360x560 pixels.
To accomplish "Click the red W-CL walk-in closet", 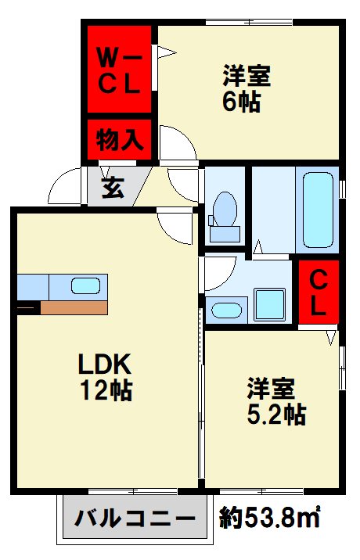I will point(118,70).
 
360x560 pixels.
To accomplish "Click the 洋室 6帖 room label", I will point(245,89).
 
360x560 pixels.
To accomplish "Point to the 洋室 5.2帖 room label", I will point(275,400).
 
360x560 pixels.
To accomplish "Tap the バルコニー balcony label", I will point(135,519).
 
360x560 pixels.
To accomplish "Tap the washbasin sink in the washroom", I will point(227,308).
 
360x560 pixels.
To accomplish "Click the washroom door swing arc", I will point(220,270).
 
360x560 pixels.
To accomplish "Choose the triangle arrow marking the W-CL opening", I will point(165,53).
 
